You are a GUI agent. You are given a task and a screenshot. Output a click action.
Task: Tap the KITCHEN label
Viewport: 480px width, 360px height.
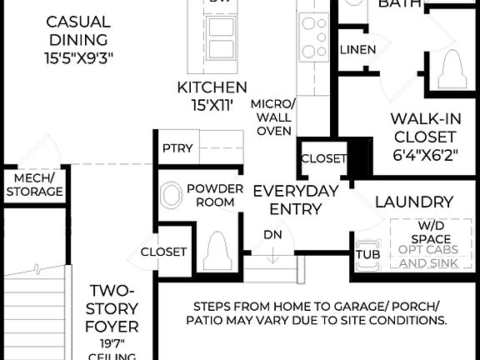212,87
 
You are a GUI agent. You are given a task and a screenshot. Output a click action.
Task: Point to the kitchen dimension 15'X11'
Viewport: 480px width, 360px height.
212,106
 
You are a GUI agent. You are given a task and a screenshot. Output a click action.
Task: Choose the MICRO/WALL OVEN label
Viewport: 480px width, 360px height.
273,117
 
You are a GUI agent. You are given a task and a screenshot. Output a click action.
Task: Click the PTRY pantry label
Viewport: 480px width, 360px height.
177,149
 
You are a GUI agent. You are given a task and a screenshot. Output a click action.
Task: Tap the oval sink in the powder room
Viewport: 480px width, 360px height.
171,197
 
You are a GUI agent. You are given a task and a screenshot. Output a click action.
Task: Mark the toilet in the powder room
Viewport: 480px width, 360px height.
217,247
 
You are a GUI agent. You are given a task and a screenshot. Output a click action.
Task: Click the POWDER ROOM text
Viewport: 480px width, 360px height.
215,196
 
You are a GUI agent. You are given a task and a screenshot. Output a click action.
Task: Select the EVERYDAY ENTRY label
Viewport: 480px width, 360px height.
296,200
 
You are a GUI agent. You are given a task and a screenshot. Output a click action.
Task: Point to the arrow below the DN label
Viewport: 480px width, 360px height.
272,256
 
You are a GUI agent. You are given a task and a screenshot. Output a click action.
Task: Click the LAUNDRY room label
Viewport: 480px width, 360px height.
413,202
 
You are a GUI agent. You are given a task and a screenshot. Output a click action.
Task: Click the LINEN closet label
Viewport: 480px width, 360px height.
357,50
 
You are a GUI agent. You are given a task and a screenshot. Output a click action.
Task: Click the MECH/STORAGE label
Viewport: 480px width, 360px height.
34,184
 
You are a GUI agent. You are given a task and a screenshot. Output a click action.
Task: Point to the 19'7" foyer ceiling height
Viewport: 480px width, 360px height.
113,342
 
